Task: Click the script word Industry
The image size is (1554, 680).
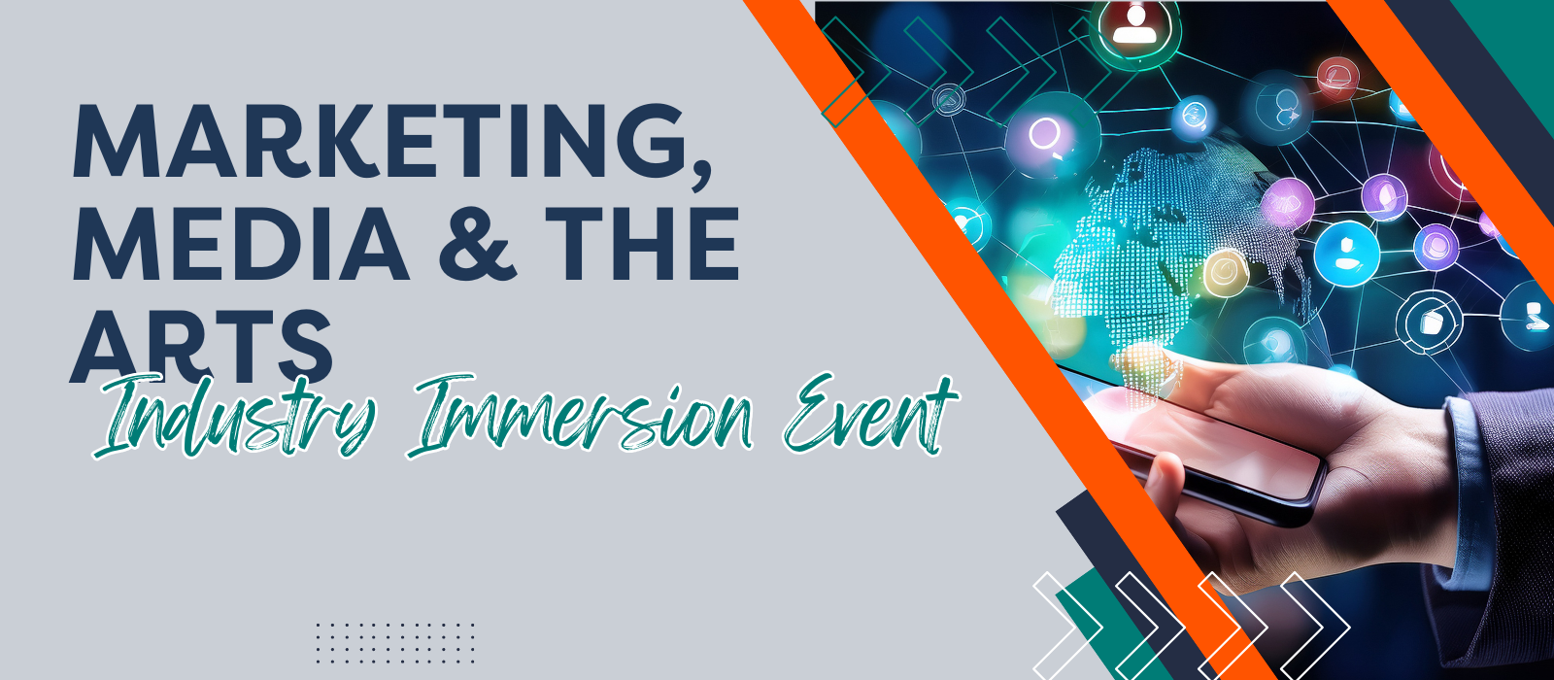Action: (x=236, y=417)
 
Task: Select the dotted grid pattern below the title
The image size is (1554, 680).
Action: (x=395, y=642)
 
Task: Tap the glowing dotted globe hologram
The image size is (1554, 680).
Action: (x=1172, y=250)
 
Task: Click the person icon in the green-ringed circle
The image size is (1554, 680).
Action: (x=1134, y=29)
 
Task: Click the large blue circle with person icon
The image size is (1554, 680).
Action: (x=1346, y=254)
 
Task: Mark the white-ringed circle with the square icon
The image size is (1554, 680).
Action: (x=1430, y=322)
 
